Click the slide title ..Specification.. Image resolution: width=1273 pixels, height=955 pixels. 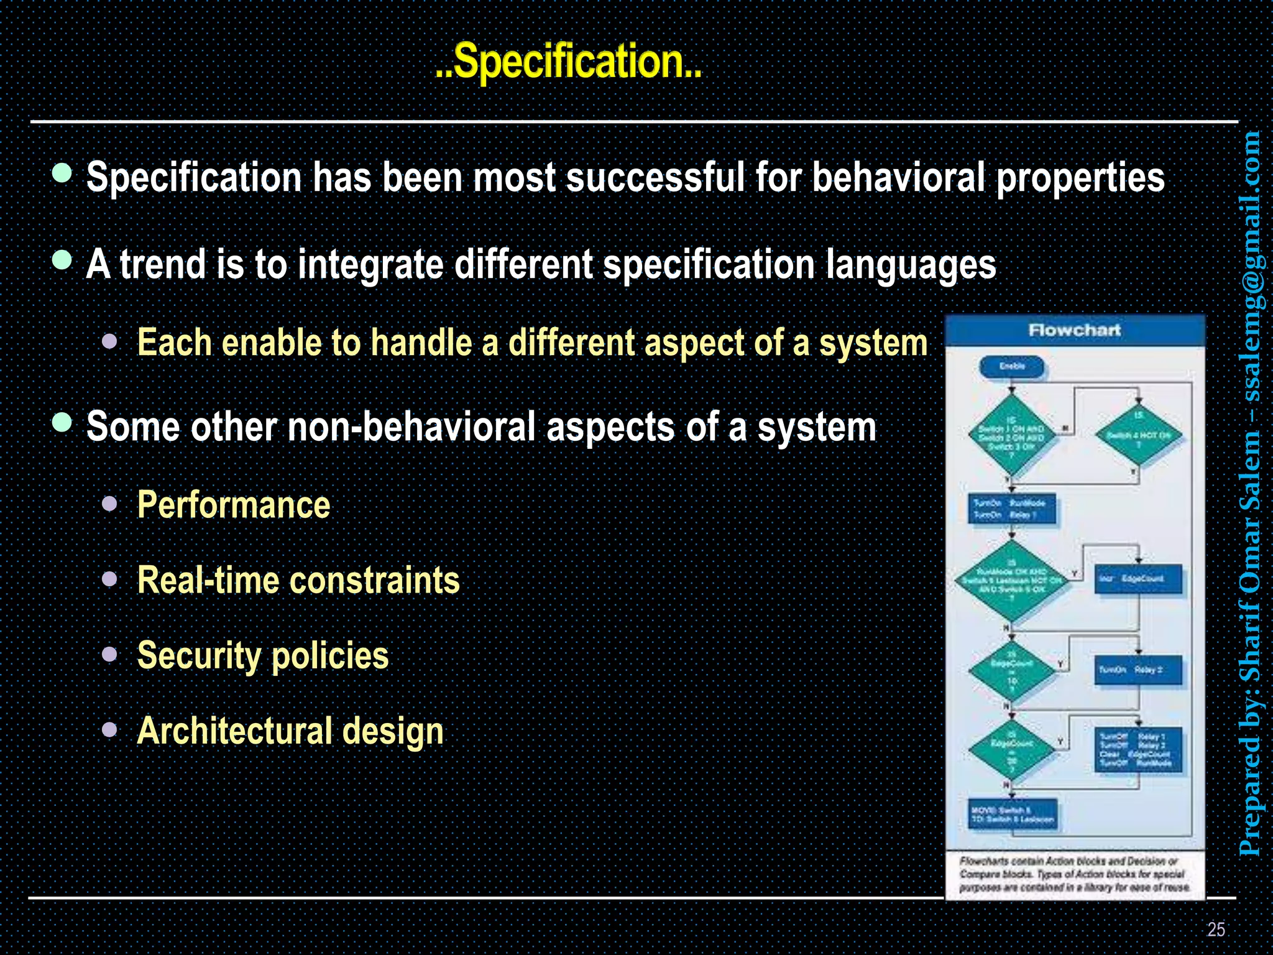568,62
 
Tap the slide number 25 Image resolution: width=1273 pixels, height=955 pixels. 1216,929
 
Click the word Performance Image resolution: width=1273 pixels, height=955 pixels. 233,504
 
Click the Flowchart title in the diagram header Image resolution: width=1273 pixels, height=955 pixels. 1074,330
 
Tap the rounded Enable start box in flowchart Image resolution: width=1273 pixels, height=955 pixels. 1012,367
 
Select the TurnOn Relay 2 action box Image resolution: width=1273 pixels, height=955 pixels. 1137,670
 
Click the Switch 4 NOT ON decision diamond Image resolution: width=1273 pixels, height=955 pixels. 1139,435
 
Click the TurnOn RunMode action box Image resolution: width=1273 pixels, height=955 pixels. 1012,509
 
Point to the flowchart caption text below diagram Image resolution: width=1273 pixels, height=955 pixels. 1074,874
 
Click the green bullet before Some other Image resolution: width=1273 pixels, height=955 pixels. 62,423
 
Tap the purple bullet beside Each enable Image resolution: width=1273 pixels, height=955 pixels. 110,341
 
